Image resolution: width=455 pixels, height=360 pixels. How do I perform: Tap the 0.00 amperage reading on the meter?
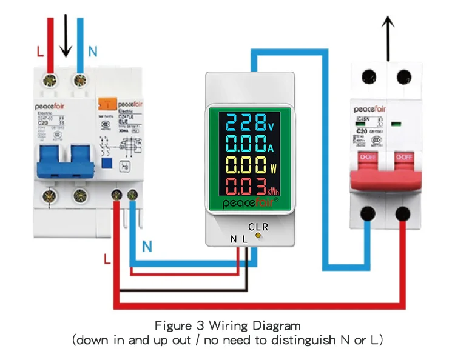pyautogui.click(x=243, y=144)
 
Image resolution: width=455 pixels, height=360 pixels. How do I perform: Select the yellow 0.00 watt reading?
pyautogui.click(x=243, y=165)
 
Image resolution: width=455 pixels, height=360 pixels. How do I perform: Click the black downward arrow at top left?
pyautogui.click(x=66, y=38)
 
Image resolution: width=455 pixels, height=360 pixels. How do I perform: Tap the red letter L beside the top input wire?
pyautogui.click(x=40, y=52)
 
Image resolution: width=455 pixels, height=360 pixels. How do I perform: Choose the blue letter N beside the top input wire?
pyautogui.click(x=92, y=52)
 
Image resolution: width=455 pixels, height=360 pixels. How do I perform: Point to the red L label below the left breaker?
pyautogui.click(x=107, y=259)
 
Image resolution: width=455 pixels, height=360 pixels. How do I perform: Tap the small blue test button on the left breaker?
pyautogui.click(x=107, y=162)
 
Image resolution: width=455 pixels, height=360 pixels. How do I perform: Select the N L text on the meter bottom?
pyautogui.click(x=238, y=239)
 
